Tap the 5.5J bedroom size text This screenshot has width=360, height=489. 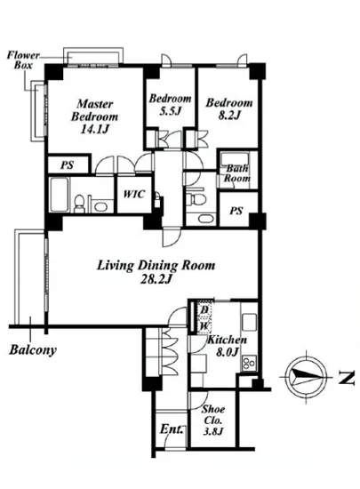170,111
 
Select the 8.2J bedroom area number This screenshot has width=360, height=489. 229,116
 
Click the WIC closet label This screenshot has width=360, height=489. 134,194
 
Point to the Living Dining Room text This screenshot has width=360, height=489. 156,266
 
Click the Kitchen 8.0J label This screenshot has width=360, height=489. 228,346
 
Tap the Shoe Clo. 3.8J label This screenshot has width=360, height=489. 213,420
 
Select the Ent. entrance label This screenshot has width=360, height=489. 172,429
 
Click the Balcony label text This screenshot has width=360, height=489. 33,349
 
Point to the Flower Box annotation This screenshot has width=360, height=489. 23,60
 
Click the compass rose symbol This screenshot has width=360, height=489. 307,377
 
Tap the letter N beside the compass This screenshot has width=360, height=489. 347,378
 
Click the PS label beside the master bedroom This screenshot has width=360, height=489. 67,164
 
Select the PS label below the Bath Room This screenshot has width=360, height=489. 236,211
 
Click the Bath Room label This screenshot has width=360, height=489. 237,173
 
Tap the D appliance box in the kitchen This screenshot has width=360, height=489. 204,309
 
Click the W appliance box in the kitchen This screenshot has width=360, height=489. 204,326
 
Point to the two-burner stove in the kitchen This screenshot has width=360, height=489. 250,363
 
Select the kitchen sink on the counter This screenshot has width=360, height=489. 250,322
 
